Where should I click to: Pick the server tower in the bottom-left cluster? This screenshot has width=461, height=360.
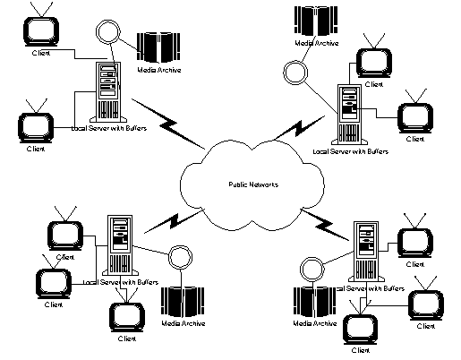coord(119,244)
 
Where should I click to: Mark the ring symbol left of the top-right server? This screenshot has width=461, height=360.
coord(291,69)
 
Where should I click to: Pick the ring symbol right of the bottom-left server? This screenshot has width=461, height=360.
coord(179,258)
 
